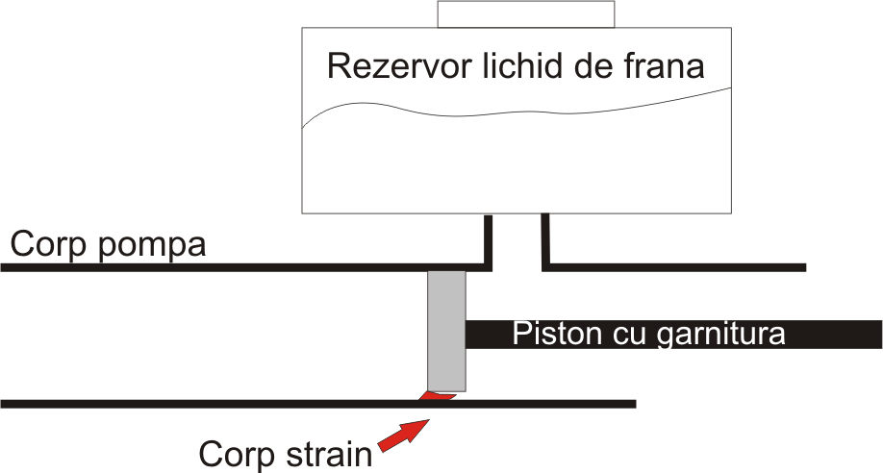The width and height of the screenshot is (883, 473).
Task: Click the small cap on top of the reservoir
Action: coord(525,13)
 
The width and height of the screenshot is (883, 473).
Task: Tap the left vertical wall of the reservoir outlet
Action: coord(488,239)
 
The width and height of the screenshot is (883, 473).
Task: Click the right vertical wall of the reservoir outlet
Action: coord(545,239)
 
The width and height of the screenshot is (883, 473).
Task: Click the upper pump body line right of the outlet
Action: coord(673,266)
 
